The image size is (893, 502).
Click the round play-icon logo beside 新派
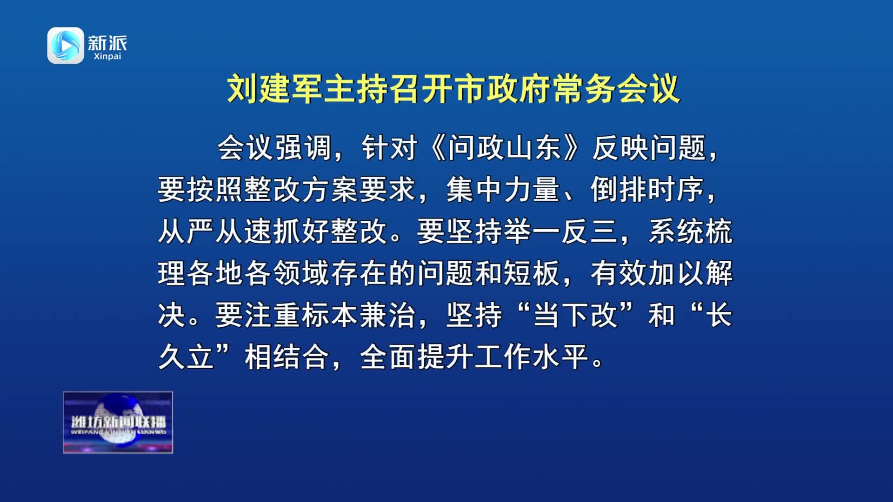(66, 45)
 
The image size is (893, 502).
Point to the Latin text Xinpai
(107, 56)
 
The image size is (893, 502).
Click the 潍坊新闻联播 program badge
(118, 422)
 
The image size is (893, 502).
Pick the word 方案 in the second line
(331, 190)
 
